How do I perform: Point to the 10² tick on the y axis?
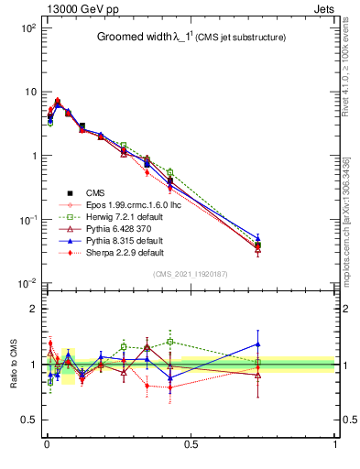coord(27,28)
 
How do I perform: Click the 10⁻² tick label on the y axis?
coord(27,284)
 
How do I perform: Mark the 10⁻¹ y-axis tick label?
coord(27,220)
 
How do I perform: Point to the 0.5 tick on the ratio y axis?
coord(29,420)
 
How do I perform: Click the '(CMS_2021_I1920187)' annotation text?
coord(191,273)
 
